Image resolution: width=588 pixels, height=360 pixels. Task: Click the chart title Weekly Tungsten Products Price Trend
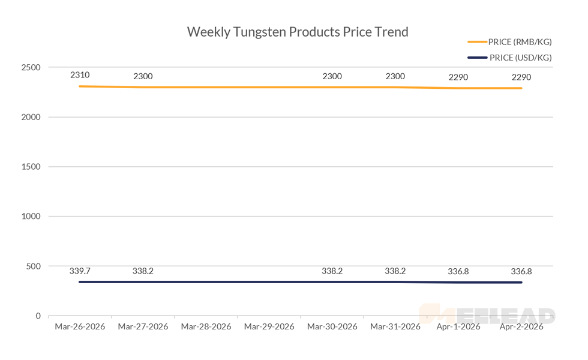pos(298,32)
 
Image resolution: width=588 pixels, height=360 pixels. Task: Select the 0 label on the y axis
pos(37,316)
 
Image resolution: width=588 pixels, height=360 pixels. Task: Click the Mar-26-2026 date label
pos(80,327)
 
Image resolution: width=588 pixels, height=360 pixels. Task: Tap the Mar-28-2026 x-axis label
pos(206,327)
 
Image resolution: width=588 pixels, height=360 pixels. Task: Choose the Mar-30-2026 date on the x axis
pos(332,327)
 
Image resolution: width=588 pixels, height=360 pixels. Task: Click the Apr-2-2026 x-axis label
pos(521,327)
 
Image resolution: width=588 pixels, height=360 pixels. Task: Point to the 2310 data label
pos(80,75)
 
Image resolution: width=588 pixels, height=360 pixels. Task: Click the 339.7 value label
pos(80,271)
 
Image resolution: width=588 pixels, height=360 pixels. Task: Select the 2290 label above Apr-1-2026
pos(458,77)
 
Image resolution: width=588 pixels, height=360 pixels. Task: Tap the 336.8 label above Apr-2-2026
pos(521,272)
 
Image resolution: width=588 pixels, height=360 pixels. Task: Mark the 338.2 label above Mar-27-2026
pos(143,271)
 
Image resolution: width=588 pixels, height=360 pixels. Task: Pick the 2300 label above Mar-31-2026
pos(395,76)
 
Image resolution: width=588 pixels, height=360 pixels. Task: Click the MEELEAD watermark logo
pos(487,314)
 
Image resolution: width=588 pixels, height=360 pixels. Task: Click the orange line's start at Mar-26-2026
pos(80,86)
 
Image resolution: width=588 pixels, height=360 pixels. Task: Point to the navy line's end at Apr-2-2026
pos(521,283)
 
